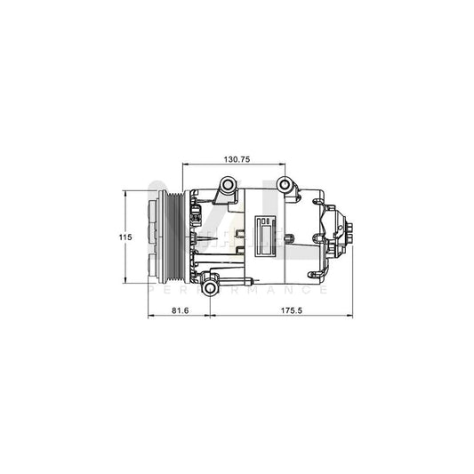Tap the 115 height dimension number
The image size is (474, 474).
coord(126,237)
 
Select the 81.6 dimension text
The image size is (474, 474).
coord(179,310)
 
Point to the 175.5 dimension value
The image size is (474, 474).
coord(280,310)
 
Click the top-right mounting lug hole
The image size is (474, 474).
coord(285,185)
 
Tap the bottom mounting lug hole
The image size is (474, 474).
coord(209,288)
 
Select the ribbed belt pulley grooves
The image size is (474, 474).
coord(173,237)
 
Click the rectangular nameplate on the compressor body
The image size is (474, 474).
coord(268,235)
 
